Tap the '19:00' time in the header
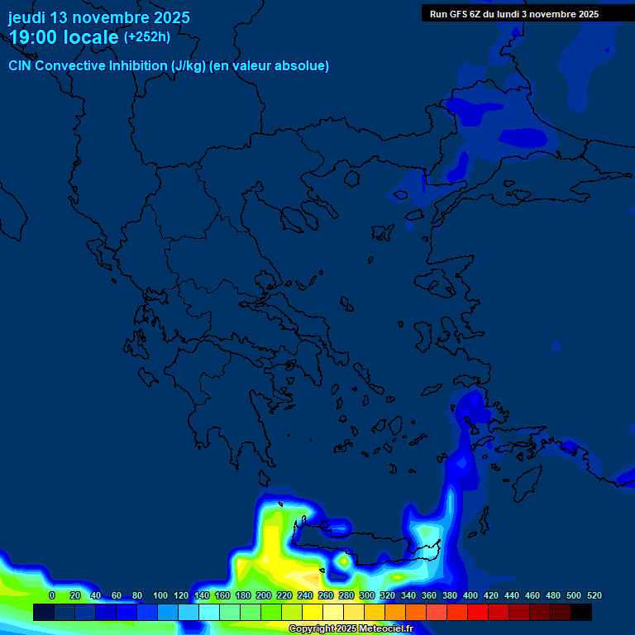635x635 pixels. [x=34, y=37]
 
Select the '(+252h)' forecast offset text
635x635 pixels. [x=147, y=36]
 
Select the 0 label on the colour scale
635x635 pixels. [x=52, y=595]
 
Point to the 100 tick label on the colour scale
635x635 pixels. [x=160, y=595]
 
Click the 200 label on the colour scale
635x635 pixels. [x=264, y=595]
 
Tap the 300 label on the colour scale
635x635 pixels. [x=367, y=595]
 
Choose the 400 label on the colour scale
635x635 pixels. [x=470, y=595]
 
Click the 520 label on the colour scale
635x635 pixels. [x=594, y=595]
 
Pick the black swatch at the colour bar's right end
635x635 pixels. [x=581, y=613]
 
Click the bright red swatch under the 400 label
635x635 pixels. [x=478, y=613]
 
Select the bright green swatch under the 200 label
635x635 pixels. [x=271, y=613]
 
